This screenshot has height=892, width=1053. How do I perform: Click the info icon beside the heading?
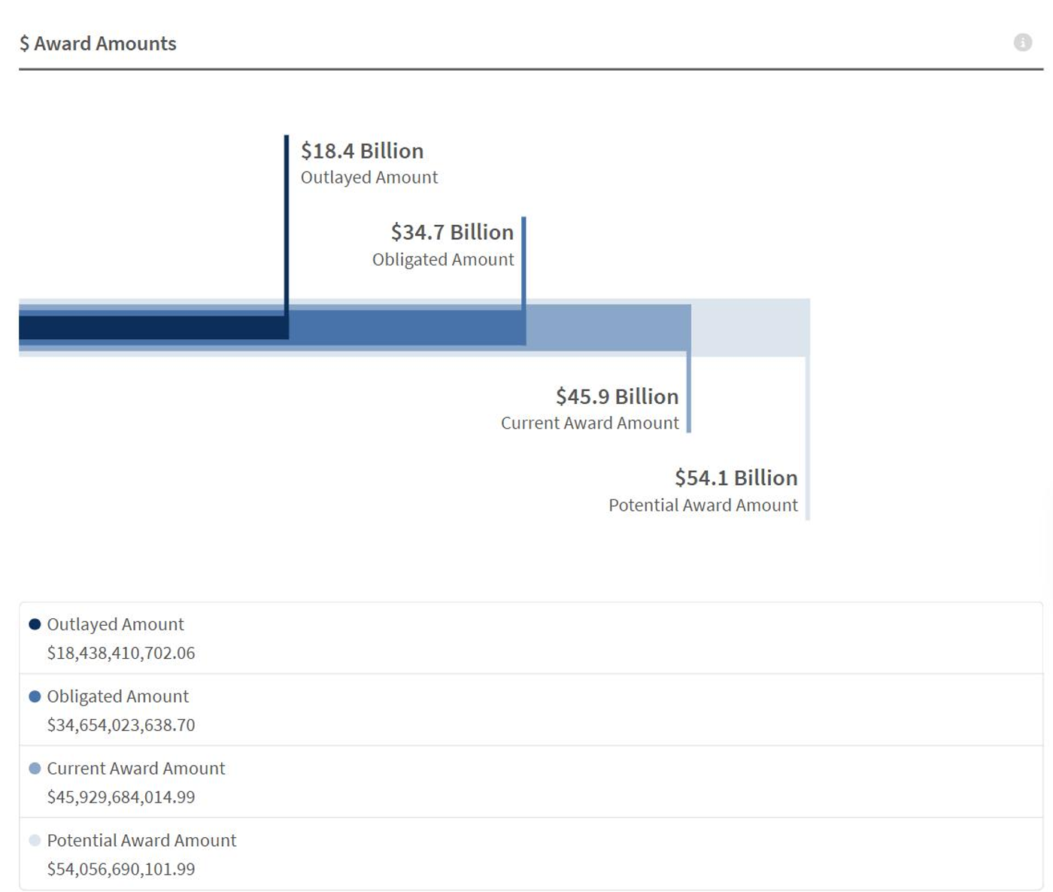point(1022,42)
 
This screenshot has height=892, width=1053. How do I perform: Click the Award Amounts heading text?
point(105,44)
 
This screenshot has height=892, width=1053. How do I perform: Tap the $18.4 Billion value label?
point(363,150)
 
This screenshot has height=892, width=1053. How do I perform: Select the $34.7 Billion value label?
point(452,232)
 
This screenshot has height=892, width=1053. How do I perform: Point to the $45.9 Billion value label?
point(617,396)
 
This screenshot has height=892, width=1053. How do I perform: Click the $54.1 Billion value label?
point(736,478)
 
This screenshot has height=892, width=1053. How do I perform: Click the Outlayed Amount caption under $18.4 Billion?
point(369,177)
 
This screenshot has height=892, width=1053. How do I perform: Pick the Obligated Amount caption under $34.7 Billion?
point(443,259)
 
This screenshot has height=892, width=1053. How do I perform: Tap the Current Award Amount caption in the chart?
point(590,423)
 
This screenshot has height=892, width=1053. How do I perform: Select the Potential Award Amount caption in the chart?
point(703,505)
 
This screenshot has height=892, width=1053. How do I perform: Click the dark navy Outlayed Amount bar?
point(153,328)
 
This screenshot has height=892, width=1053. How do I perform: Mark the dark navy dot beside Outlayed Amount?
point(35,624)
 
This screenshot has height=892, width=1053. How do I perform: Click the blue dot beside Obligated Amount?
point(35,696)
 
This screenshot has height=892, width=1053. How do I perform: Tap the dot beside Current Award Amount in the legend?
point(35,768)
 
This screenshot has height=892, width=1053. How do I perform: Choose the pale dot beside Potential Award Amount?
point(35,840)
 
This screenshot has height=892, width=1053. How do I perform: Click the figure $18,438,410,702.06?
point(121,653)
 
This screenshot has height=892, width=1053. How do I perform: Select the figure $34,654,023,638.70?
point(121,725)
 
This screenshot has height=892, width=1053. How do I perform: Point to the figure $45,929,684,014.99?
point(121,796)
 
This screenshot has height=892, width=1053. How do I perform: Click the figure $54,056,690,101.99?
point(121,869)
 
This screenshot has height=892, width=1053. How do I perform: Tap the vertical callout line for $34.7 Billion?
point(523,263)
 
